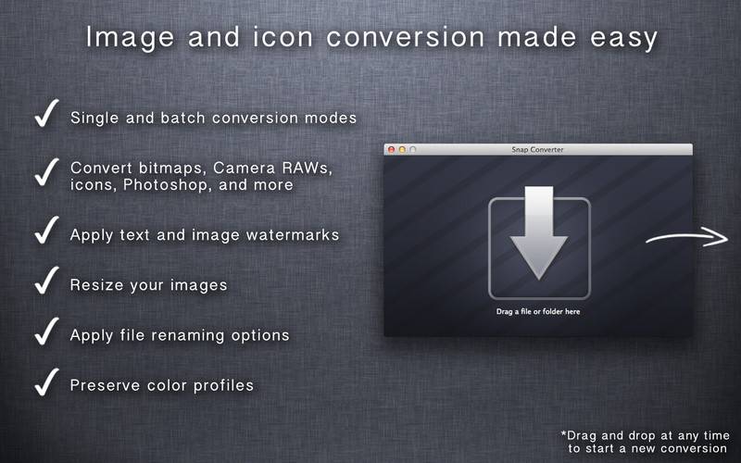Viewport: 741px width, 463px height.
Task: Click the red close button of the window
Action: (391, 149)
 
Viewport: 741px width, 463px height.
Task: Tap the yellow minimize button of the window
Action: (402, 149)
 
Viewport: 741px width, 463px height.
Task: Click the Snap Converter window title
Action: (537, 149)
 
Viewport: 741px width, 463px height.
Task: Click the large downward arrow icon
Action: (538, 232)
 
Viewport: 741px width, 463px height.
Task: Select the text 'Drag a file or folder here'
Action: (538, 312)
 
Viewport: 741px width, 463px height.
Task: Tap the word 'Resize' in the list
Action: (95, 285)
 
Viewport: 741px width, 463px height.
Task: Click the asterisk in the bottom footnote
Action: (564, 432)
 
